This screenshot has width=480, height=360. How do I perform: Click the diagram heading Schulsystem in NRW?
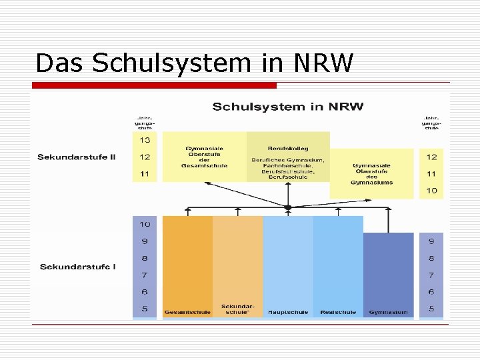pyautogui.click(x=287, y=107)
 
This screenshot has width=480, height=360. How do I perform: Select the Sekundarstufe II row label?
pyautogui.click(x=76, y=157)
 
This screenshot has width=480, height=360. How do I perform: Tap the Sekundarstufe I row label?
pyautogui.click(x=77, y=267)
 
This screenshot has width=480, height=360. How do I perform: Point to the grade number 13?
pyautogui.click(x=145, y=140)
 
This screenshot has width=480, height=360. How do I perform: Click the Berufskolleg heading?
pyautogui.click(x=288, y=148)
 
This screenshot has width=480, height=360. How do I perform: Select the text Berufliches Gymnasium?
pyautogui.click(x=288, y=160)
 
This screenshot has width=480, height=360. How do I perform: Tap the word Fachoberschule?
pyautogui.click(x=288, y=166)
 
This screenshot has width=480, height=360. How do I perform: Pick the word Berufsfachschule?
pyautogui.click(x=288, y=171)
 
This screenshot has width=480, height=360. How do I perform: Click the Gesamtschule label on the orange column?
pyautogui.click(x=187, y=312)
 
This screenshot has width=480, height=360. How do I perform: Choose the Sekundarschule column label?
pyautogui.click(x=237, y=309)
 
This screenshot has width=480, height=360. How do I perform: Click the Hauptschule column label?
pyautogui.click(x=288, y=312)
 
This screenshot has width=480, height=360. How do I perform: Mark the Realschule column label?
pyautogui.click(x=338, y=312)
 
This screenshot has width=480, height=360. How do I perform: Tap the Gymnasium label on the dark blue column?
pyautogui.click(x=388, y=312)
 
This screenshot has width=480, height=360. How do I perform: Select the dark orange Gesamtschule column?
pyautogui.click(x=187, y=260)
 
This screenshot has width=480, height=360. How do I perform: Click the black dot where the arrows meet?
pyautogui.click(x=288, y=208)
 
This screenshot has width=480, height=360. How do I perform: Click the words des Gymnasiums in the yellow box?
pyautogui.click(x=373, y=179)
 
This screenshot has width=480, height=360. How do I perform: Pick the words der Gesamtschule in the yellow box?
pyautogui.click(x=204, y=163)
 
